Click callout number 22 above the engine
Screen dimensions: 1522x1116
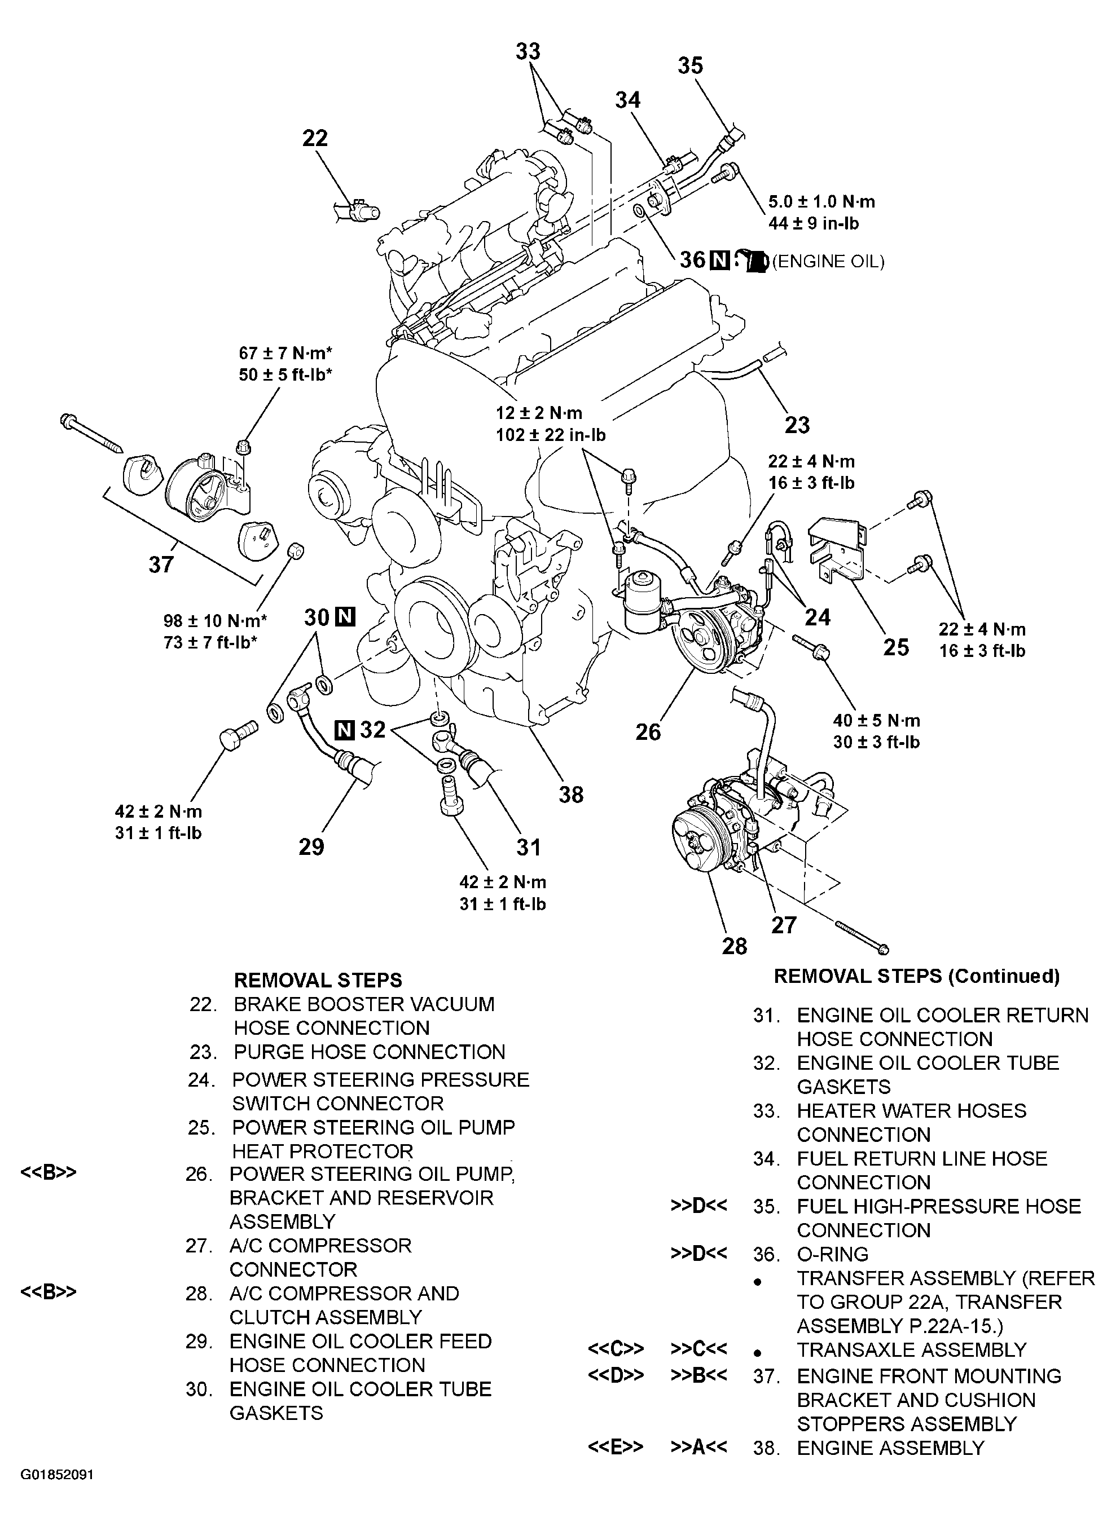click(315, 138)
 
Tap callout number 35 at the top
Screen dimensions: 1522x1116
click(691, 65)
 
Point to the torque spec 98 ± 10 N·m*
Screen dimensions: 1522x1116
click(215, 620)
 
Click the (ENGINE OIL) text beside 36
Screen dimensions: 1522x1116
click(828, 261)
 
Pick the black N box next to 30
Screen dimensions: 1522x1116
click(345, 616)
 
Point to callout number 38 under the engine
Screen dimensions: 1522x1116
click(571, 794)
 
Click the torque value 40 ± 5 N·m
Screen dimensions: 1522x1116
click(876, 721)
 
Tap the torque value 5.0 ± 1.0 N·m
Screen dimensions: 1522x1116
click(821, 201)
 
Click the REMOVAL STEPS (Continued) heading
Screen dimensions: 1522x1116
click(916, 976)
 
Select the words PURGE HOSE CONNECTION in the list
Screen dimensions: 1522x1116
click(370, 1052)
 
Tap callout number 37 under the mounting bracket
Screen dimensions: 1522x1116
click(161, 563)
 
